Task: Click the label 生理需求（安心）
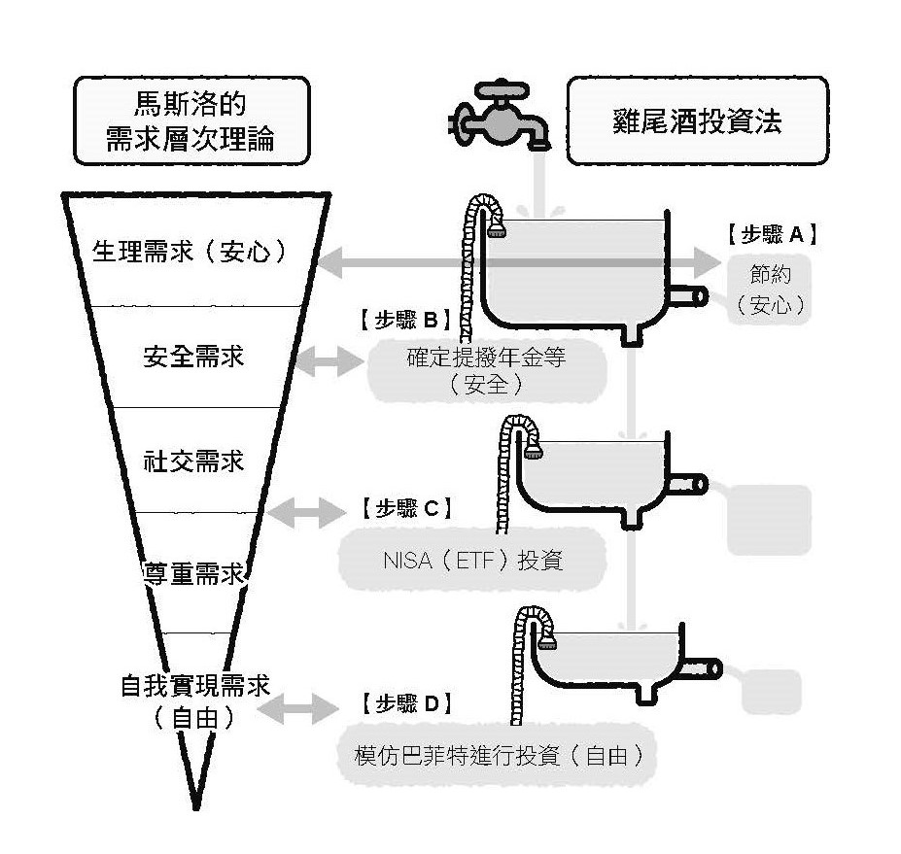click(x=191, y=251)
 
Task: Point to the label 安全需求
click(x=192, y=357)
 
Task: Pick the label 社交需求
click(x=192, y=460)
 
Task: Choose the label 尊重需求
click(x=192, y=572)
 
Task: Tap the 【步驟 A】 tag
click(x=771, y=234)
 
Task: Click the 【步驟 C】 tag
click(x=401, y=508)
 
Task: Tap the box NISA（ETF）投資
click(x=472, y=561)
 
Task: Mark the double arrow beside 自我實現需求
click(x=300, y=707)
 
